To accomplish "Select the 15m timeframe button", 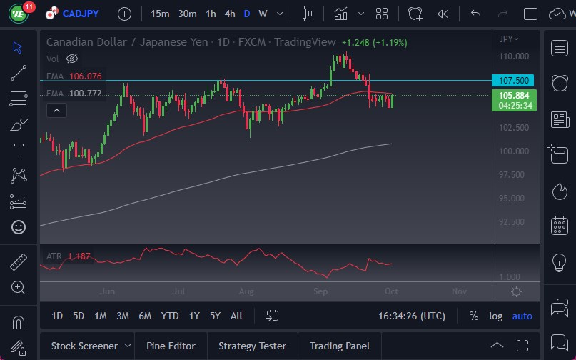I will coord(161,14).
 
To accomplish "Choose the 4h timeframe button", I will coord(229,14).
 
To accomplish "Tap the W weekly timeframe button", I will coord(263,14).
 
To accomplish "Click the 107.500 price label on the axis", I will coord(515,81).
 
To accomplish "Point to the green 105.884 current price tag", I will coord(515,95).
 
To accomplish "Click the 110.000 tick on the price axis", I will coord(514,56).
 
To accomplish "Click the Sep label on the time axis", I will coord(320,291).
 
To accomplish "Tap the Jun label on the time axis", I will coord(108,291).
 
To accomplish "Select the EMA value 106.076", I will coord(85,76).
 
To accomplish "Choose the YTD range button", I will coord(170,316).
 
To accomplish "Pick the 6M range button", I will coord(145,316).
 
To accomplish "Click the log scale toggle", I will coord(495,316).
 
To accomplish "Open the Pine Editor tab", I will coord(171,346).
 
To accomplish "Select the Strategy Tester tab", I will coord(252,346).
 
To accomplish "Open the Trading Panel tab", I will coord(340,346).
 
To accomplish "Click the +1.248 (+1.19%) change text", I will coord(374,43).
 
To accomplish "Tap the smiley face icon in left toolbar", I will coord(19,227).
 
